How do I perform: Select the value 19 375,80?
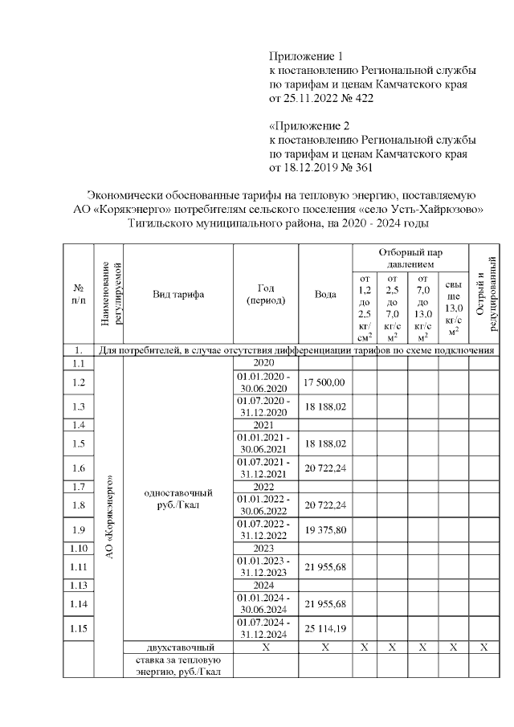pos(325,531)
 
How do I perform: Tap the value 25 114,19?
pos(325,627)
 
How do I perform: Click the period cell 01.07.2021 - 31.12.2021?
pos(265,468)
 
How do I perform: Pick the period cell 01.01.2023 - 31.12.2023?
pos(265,566)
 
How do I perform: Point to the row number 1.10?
pos(79,549)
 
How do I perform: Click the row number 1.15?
pos(79,627)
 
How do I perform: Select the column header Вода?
pos(325,294)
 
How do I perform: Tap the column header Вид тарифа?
pos(178,294)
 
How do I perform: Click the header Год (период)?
pos(265,294)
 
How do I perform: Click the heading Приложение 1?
pos(305,56)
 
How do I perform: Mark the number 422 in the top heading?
pos(362,98)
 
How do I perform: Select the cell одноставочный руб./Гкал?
pos(178,500)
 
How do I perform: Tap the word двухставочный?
pos(178,647)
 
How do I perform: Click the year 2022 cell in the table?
pos(265,487)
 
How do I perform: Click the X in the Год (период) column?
pos(265,647)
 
